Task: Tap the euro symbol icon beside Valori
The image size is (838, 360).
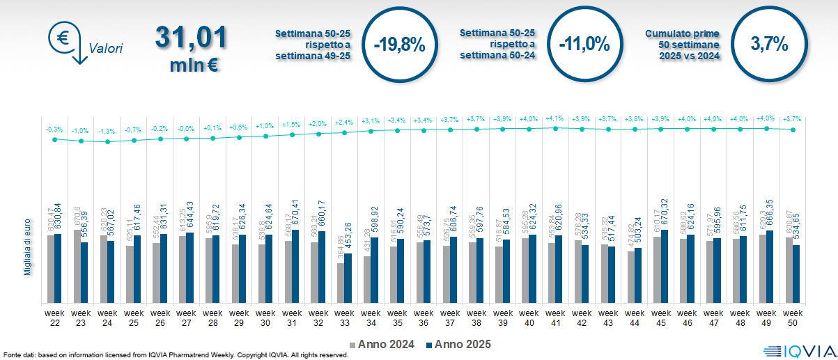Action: pos(63,38)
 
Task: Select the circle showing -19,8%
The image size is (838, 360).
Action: pos(399,45)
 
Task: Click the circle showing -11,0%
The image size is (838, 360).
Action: pos(584,45)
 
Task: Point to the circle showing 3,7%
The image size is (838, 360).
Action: pos(769,45)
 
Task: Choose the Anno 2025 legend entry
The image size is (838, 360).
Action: pos(458,344)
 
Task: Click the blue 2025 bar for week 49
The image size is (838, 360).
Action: pos(770,267)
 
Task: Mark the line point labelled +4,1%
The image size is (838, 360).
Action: pos(555,128)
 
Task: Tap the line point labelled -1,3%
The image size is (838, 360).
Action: pos(107,141)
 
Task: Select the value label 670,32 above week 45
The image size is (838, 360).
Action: pos(665,215)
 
